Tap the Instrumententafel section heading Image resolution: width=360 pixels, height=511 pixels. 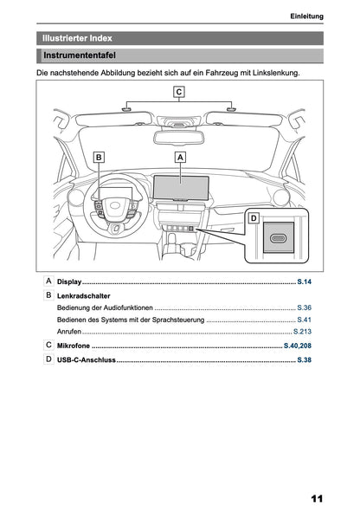pos(82,56)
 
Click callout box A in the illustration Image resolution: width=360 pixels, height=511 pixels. pos(180,157)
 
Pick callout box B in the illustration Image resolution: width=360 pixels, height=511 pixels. pos(99,157)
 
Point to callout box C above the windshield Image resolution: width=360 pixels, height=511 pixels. pos(178,91)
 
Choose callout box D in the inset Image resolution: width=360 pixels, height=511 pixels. pos(254,218)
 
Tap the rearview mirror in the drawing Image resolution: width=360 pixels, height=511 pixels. pos(179,137)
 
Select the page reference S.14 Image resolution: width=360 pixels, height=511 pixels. pos(304,282)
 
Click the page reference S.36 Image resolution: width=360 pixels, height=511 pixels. pos(304,307)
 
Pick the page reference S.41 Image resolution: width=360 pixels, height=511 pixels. pos(304,320)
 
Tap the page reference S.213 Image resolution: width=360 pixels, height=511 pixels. pos(302,332)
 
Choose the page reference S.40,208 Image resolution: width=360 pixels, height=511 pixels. pos(298,345)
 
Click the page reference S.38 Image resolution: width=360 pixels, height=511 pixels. pos(304,359)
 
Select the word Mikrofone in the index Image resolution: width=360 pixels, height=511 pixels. pos(74,345)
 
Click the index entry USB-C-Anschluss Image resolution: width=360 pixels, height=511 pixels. pos(87,359)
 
